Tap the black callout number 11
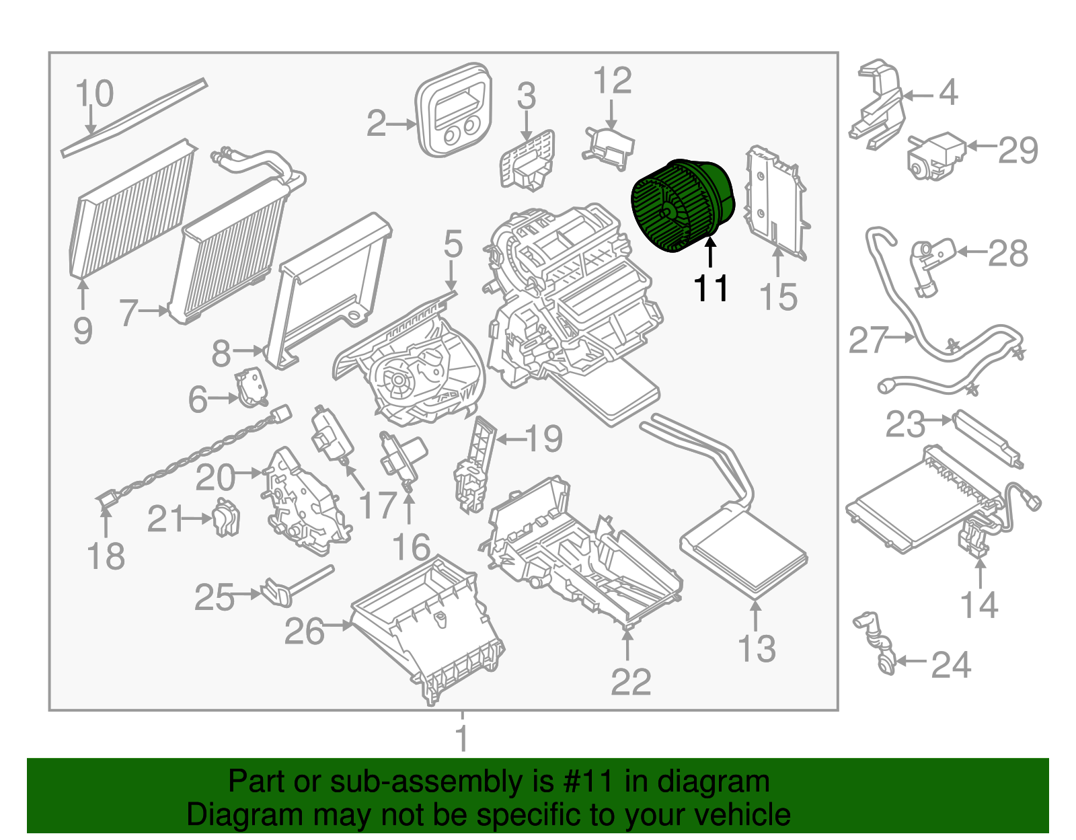coord(711,289)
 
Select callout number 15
coord(778,297)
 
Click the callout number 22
coord(631,682)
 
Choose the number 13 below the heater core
coord(757,648)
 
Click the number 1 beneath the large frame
coord(462,738)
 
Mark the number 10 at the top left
coord(94,93)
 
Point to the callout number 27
coord(868,340)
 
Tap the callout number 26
coord(304,631)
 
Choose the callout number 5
coord(453,244)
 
